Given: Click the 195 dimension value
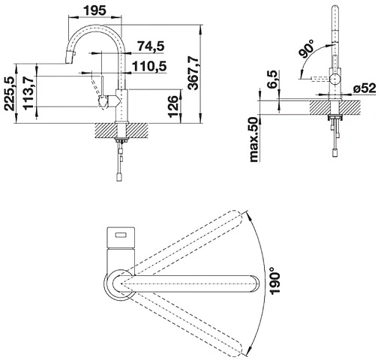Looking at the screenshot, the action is click(x=94, y=10).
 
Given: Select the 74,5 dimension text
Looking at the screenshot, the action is click(x=151, y=46).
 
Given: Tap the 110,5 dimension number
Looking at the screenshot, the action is click(x=149, y=66).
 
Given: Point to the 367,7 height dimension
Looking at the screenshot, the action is click(x=193, y=73).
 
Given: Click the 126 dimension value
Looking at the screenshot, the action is click(x=173, y=106).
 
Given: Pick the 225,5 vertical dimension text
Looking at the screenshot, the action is click(x=10, y=94).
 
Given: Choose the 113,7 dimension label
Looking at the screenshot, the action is click(x=28, y=93).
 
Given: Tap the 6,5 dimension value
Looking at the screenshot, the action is click(x=272, y=79).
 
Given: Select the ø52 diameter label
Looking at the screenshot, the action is click(x=364, y=88).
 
